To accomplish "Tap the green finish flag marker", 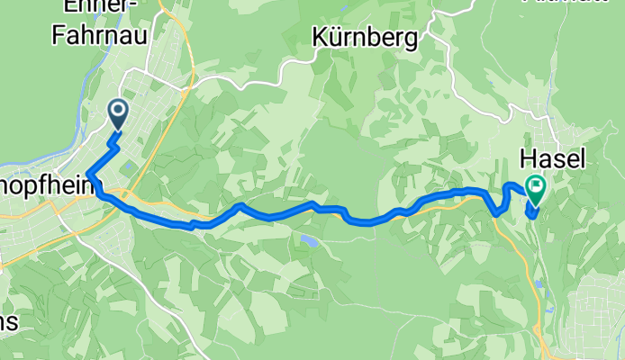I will [537, 188].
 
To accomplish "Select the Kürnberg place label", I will [366, 38].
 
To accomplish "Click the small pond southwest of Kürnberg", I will [309, 240].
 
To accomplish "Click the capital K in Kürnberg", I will [320, 38].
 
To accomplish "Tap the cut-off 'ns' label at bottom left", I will [11, 321].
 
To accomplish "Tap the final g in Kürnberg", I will [413, 40].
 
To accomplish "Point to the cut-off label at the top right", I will [599, 3].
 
